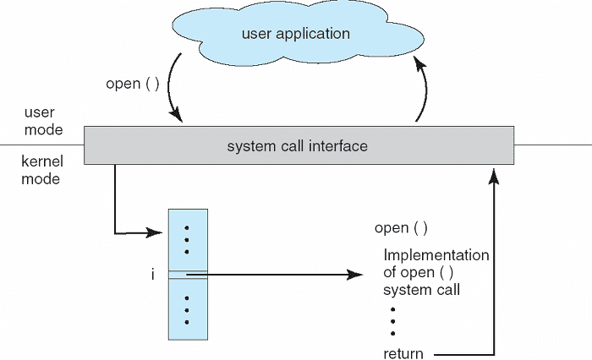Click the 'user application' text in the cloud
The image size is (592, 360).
pyautogui.click(x=295, y=35)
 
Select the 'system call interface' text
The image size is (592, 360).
pyautogui.click(x=297, y=146)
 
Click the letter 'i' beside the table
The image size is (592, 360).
pyautogui.click(x=152, y=275)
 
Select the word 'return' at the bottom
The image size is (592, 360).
pyautogui.click(x=403, y=353)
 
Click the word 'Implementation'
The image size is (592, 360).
pyautogui.click(x=436, y=255)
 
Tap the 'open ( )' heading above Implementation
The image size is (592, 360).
pyautogui.click(x=401, y=228)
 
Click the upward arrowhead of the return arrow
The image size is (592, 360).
pyautogui.click(x=494, y=173)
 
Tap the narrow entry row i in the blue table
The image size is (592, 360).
pyautogui.click(x=187, y=274)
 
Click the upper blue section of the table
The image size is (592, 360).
pyautogui.click(x=187, y=239)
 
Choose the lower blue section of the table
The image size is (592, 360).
pyautogui.click(x=187, y=309)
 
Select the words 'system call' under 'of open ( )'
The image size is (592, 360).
pyautogui.click(x=421, y=290)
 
